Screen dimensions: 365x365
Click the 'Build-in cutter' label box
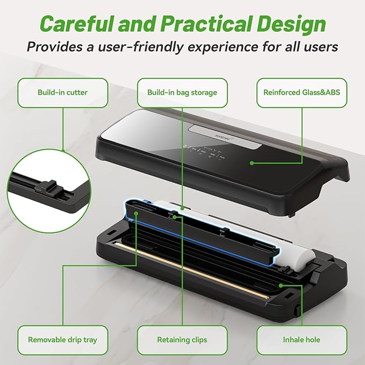click(x=63, y=92)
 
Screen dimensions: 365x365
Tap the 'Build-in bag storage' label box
click(x=182, y=92)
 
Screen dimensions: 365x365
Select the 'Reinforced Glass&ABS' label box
click(x=302, y=92)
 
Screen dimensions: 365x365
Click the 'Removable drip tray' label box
click(x=63, y=340)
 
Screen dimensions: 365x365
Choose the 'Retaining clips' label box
click(x=182, y=340)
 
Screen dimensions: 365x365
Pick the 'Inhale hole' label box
click(x=302, y=340)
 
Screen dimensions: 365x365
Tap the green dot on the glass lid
click(x=252, y=162)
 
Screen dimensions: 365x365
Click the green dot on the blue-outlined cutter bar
click(x=137, y=213)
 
